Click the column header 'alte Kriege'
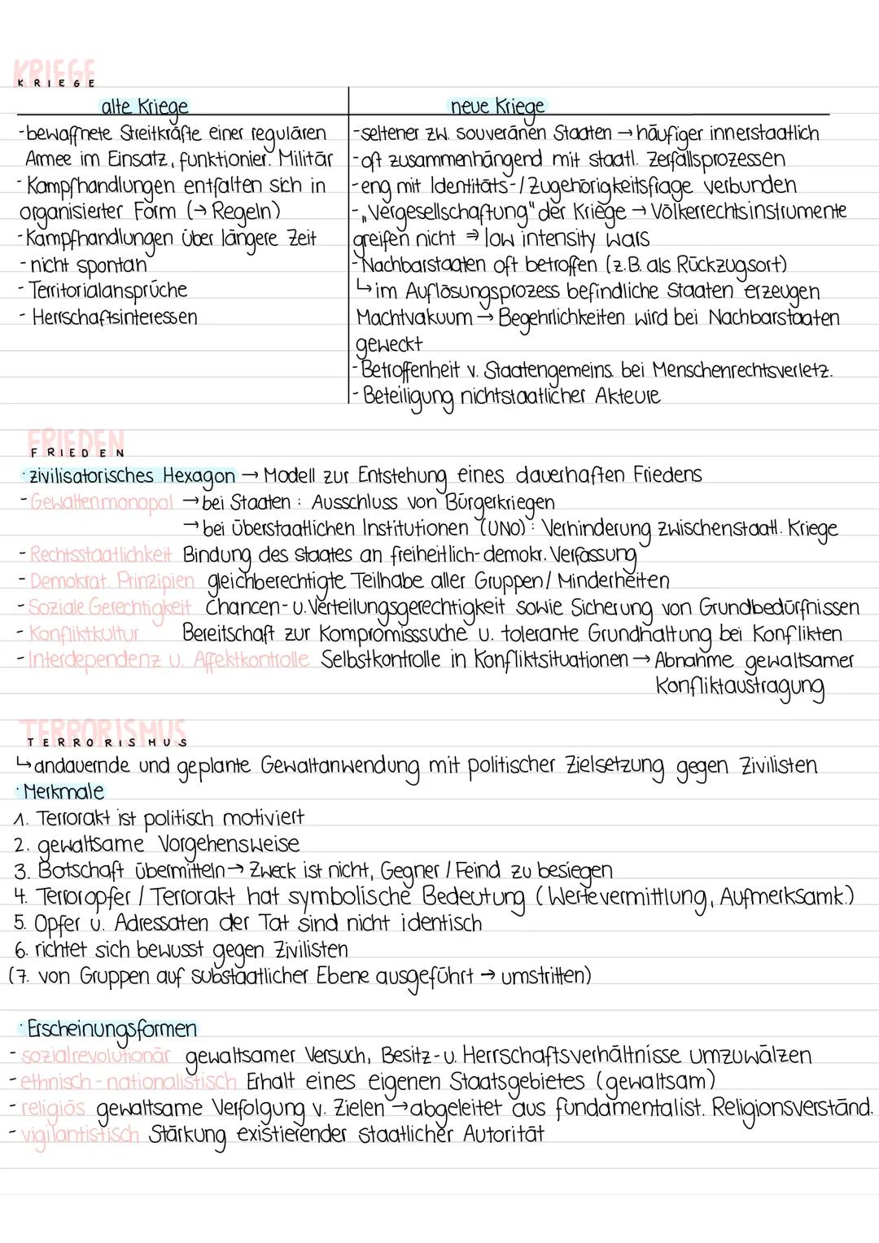point(144,107)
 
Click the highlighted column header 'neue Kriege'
point(497,107)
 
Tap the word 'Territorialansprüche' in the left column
point(107,291)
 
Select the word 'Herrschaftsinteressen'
point(114,317)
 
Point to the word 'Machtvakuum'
point(414,317)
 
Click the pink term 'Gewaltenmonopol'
point(101,502)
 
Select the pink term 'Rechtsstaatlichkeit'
point(101,555)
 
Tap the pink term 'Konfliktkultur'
point(84,633)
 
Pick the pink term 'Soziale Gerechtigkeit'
point(110,607)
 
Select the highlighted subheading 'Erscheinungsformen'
point(112,1029)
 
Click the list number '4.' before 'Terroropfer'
point(21,897)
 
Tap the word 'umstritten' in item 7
point(545,976)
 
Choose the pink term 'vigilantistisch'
point(80,1134)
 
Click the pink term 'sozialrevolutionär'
point(95,1056)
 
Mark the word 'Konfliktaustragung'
point(739,686)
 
